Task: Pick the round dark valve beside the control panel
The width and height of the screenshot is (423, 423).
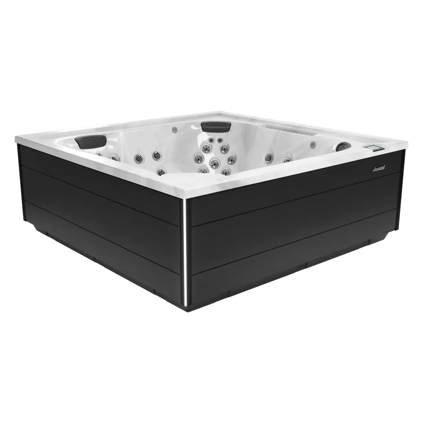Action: tap(344, 147)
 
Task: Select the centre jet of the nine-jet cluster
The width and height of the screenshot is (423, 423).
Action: tap(214, 163)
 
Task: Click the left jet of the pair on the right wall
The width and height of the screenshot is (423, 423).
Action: tap(269, 157)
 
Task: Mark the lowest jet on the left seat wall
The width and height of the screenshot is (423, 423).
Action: tap(161, 172)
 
